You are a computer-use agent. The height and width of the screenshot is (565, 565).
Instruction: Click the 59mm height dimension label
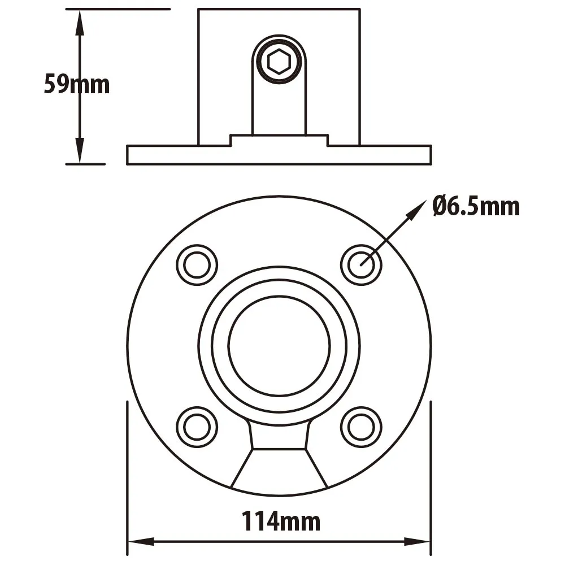(77, 84)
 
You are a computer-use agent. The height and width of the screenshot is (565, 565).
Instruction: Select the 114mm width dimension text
(280, 521)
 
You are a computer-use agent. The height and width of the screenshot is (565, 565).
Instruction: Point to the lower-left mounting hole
(197, 427)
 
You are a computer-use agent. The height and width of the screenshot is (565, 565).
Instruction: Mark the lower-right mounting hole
(361, 427)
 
